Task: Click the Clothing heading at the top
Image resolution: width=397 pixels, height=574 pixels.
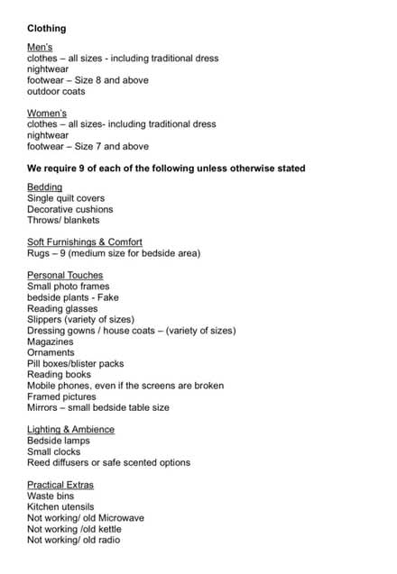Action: click(x=46, y=28)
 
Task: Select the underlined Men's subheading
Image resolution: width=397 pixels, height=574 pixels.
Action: click(x=41, y=47)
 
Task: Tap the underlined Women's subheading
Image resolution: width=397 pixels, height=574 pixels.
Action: click(x=47, y=113)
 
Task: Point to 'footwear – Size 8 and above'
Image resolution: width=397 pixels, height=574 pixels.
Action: click(x=88, y=80)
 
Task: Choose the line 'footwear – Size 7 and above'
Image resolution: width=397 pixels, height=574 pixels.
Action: click(x=88, y=146)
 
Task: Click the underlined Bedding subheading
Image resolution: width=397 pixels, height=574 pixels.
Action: click(x=45, y=187)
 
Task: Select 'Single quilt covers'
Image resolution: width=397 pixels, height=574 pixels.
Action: click(x=66, y=198)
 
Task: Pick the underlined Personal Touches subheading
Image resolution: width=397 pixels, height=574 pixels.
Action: click(x=65, y=275)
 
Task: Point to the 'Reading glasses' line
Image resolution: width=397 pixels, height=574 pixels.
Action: click(x=62, y=308)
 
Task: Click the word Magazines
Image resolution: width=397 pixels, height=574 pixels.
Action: click(x=54, y=341)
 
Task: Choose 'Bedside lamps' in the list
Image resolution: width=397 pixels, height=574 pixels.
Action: click(x=60, y=441)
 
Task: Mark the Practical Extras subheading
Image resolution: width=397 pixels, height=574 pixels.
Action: click(x=60, y=485)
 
